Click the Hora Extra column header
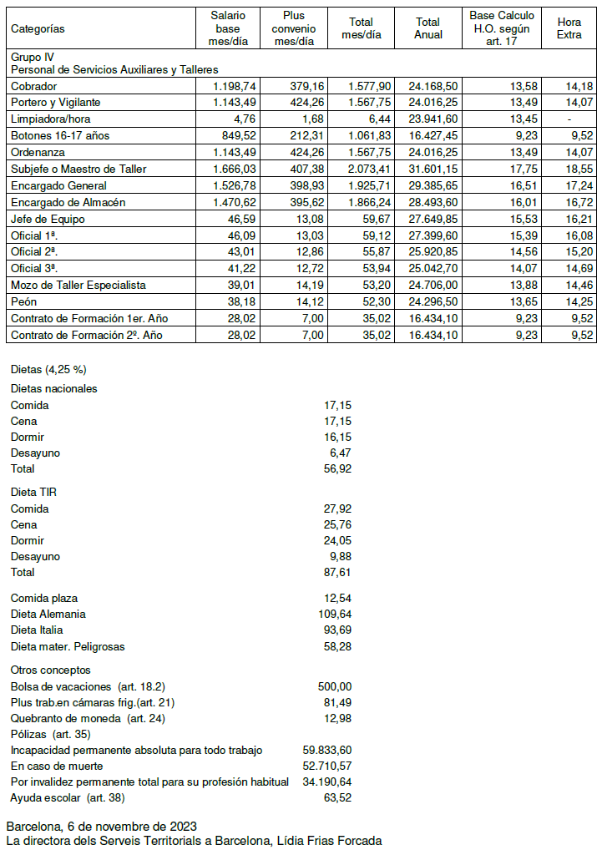[x=569, y=28]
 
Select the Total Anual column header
[x=428, y=28]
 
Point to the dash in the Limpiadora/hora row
[x=569, y=119]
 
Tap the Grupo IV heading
[x=29, y=57]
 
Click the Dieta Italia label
[x=37, y=630]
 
